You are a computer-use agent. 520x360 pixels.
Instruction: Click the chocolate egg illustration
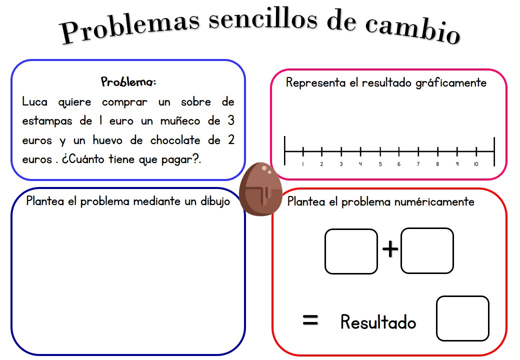click(x=260, y=189)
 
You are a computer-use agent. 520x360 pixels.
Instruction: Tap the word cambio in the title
click(x=412, y=29)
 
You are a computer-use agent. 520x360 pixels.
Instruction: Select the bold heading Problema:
click(x=128, y=81)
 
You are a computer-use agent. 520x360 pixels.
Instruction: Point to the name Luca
click(x=35, y=101)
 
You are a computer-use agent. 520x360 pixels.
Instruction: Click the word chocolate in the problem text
click(x=175, y=140)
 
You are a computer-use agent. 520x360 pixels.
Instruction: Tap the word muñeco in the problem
click(x=180, y=120)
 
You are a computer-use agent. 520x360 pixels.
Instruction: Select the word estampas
click(x=47, y=121)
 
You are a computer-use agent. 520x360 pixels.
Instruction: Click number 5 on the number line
click(x=380, y=164)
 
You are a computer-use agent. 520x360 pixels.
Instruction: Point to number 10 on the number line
click(x=476, y=164)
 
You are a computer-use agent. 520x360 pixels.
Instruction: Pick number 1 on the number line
click(x=303, y=164)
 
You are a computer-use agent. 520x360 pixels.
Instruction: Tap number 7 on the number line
click(x=418, y=164)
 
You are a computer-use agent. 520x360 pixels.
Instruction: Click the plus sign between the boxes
click(x=390, y=248)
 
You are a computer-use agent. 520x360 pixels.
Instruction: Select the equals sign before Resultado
click(x=310, y=320)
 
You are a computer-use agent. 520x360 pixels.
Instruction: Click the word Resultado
click(x=378, y=322)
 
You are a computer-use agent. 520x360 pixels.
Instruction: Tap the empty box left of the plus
click(x=351, y=251)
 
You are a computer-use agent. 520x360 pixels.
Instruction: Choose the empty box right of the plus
click(x=427, y=250)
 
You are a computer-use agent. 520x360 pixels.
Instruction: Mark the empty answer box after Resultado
click(x=462, y=318)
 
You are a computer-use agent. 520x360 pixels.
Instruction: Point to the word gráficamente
click(x=451, y=83)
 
